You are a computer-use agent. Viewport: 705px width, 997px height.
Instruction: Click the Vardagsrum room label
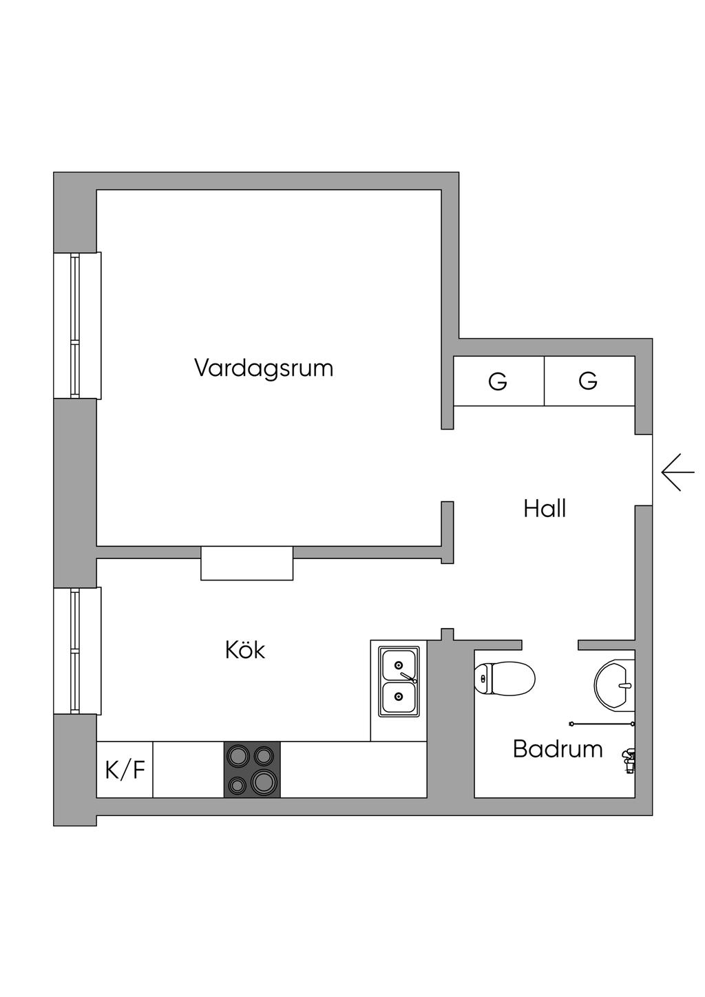click(x=264, y=369)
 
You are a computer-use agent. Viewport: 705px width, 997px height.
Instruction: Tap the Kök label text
click(x=245, y=650)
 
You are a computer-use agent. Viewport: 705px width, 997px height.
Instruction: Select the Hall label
click(x=545, y=509)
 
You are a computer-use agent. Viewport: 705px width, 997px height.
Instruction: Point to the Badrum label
click(x=558, y=748)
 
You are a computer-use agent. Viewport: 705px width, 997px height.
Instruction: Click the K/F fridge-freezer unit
click(x=125, y=770)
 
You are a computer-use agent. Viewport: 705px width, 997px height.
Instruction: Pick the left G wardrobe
click(x=498, y=381)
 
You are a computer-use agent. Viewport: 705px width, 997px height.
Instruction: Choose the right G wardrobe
click(x=589, y=381)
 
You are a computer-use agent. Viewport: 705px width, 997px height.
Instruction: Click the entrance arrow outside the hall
click(x=677, y=472)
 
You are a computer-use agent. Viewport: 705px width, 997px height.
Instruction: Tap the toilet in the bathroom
click(x=505, y=679)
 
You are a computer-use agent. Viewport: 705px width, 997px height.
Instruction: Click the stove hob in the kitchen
click(x=252, y=770)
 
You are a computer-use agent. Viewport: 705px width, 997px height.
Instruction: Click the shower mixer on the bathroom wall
click(x=629, y=762)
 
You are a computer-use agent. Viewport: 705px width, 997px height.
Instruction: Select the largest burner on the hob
click(x=264, y=782)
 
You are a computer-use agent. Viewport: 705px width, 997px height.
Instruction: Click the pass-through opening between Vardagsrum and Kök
click(x=247, y=563)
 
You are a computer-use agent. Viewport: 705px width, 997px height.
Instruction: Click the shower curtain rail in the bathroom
click(x=602, y=724)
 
